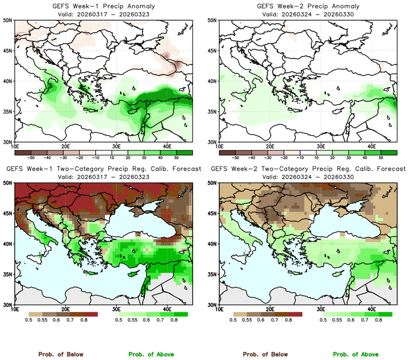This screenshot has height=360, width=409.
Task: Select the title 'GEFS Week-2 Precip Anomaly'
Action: tap(308, 6)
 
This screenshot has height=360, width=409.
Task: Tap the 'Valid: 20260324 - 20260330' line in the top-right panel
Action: tap(308, 14)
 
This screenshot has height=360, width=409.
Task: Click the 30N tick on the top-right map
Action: tap(213, 142)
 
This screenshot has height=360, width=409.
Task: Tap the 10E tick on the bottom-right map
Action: tap(220, 309)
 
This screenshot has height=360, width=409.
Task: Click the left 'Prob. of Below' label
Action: tap(60, 354)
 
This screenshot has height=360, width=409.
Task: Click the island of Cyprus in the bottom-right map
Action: tap(335, 272)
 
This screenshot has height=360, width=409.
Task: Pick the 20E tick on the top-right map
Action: tap(271, 146)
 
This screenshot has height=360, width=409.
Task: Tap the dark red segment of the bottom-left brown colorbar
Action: tap(90, 314)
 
